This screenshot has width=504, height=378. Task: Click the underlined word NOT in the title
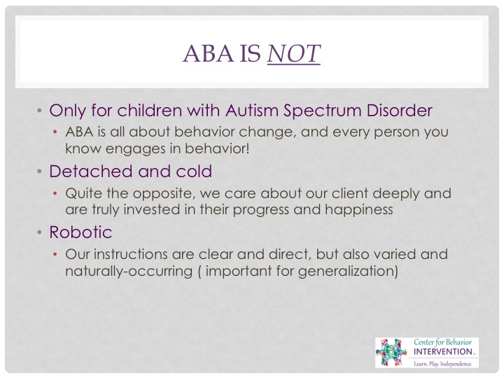pos(293,53)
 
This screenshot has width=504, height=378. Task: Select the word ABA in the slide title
pos(209,53)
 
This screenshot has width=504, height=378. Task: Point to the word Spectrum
pos(322,111)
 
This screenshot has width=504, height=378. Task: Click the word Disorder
pos(399,111)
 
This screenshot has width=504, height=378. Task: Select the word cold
pos(194,171)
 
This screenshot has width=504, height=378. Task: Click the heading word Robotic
pos(80,232)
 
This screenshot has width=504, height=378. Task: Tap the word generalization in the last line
pos(348,271)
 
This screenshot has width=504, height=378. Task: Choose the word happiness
pos(358,210)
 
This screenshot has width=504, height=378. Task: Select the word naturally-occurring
pos(129,271)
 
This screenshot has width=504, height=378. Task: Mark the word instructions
pos(130,254)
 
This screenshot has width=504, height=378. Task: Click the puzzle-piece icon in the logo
pos(391,352)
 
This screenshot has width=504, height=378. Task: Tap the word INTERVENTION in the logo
pos(443,351)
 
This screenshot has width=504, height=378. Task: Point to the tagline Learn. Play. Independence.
pos(443,364)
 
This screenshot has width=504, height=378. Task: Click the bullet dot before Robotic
pos(39,232)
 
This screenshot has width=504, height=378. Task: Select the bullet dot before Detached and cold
pos(39,171)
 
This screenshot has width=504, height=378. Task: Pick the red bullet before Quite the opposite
pos(55,193)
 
